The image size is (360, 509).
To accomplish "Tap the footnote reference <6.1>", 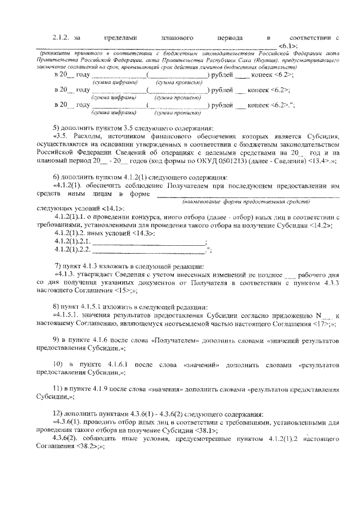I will [x=288, y=44].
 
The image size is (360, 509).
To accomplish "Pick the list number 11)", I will [x=57, y=389].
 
